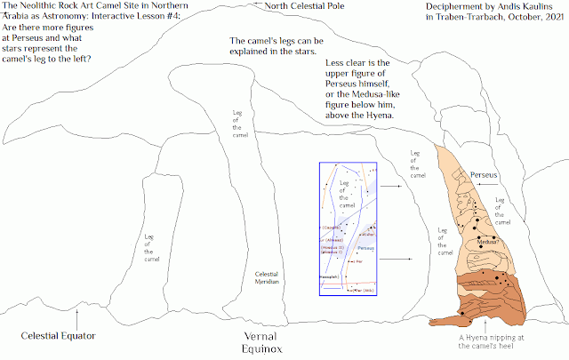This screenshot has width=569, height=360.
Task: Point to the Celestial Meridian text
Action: (x=267, y=279)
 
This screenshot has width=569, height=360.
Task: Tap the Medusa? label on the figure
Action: (x=490, y=240)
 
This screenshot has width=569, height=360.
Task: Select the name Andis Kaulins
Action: (x=525, y=7)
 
